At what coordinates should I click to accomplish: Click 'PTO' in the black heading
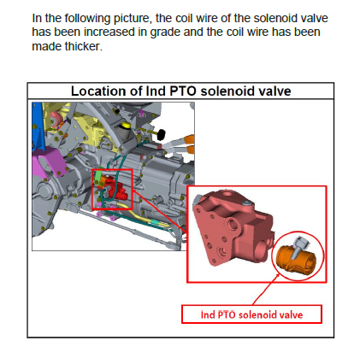(x=183, y=91)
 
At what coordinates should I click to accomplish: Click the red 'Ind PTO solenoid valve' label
(x=251, y=314)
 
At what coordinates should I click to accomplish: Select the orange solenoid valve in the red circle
(x=296, y=260)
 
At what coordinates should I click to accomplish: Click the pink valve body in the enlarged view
(x=233, y=228)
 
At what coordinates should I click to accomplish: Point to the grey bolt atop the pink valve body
(x=246, y=203)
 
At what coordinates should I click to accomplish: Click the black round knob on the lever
(x=162, y=134)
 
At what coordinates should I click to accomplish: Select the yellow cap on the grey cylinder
(x=125, y=125)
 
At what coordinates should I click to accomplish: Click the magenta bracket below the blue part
(x=49, y=161)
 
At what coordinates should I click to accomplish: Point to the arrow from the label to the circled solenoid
(x=266, y=289)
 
